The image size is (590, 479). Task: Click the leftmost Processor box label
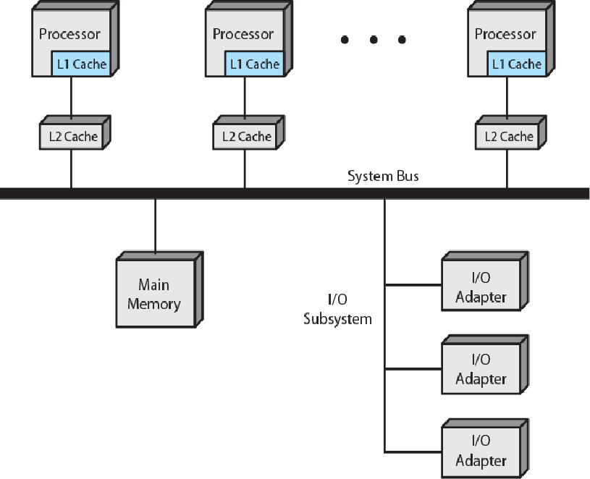pos(69,34)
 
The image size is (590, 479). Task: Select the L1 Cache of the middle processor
pos(254,64)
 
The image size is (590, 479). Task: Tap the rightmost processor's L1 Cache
pos(517,64)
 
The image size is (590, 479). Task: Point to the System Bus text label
pos(383,176)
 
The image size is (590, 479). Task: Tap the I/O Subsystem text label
pos(337,309)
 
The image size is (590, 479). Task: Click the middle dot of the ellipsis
pos(374,40)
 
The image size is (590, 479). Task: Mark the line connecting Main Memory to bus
pos(156,225)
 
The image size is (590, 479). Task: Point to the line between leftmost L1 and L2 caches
pos(71,98)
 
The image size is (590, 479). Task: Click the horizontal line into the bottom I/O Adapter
pos(413,452)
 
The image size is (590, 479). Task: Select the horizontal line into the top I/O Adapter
pos(413,285)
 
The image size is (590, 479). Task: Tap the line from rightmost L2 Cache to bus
pos(507,169)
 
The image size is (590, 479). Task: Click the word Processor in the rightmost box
pos(505,34)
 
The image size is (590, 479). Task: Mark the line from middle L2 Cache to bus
pos(245,169)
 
